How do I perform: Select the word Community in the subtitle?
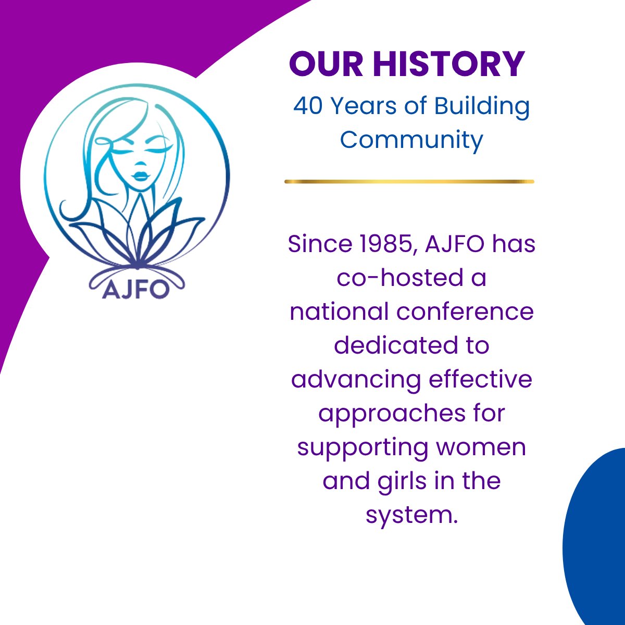tap(411, 140)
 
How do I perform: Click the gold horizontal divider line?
tap(409, 181)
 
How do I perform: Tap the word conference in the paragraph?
tap(465, 311)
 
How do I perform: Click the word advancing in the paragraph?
tap(356, 379)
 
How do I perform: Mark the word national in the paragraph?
tap(339, 311)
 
